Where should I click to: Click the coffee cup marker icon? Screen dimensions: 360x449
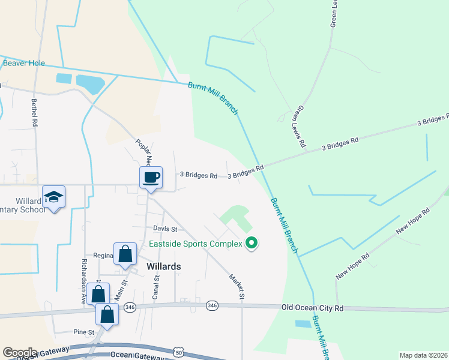tap(151, 177)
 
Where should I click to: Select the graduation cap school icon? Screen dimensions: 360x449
tap(54, 196)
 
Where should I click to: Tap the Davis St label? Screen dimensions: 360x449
tap(165, 229)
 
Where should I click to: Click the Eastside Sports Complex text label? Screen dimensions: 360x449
tap(195, 244)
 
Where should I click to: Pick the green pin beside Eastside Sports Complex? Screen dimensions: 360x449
tap(252, 243)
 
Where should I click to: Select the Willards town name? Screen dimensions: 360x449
tap(164, 266)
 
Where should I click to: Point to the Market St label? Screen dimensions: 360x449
tap(237, 286)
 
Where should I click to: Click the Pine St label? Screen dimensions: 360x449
tap(84, 332)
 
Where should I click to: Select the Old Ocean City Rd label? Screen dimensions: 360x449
tap(312, 308)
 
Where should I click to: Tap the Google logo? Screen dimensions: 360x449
tap(19, 353)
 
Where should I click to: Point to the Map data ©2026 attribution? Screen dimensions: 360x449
tap(423, 355)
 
